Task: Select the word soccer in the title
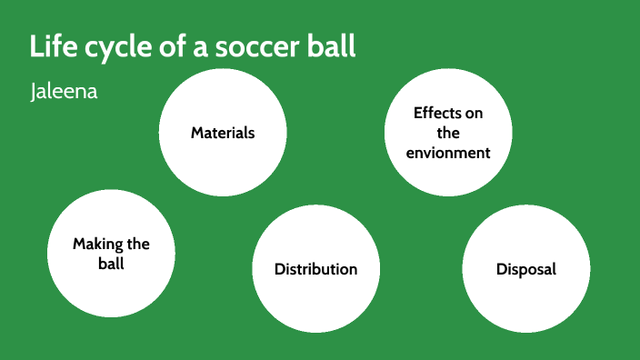tap(263, 47)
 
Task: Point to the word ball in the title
tap(333, 47)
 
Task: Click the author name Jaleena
tap(64, 94)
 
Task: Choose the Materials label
tap(223, 133)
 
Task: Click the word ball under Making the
tap(111, 264)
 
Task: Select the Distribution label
tap(315, 269)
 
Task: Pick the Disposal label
tap(526, 269)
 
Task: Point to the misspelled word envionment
tap(448, 153)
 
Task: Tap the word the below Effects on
tap(448, 133)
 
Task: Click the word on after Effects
tap(474, 113)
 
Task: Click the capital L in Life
tap(36, 47)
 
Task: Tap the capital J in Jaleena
tap(33, 94)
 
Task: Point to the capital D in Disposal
tap(501, 269)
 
